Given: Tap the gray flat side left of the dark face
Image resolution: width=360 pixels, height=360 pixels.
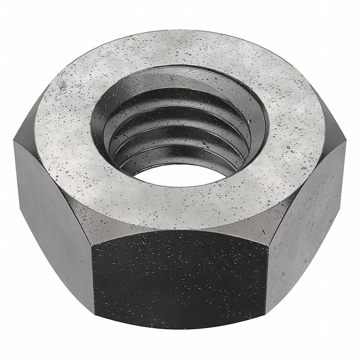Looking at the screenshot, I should point(54,216).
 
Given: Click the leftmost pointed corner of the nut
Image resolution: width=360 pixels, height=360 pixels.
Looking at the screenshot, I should point(14,140).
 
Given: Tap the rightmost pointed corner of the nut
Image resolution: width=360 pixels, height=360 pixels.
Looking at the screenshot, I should point(346,142).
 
